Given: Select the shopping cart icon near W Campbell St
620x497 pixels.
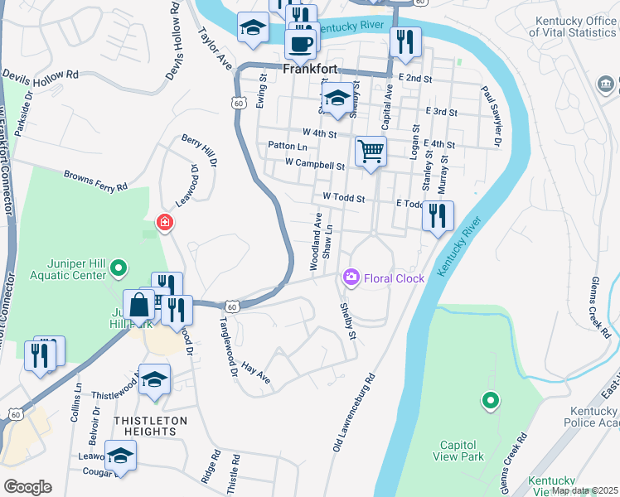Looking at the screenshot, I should [x=371, y=152].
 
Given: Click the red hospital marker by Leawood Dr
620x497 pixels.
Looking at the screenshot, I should [x=165, y=223].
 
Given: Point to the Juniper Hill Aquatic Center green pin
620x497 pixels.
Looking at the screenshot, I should [x=118, y=268].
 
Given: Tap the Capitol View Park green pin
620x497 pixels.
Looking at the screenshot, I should [x=490, y=402].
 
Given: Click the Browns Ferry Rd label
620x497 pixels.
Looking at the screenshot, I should [x=97, y=181].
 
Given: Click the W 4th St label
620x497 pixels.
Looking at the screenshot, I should [x=320, y=132].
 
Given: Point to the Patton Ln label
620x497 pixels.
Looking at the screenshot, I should [x=288, y=146].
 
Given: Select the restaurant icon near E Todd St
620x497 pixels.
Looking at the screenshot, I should [x=438, y=216].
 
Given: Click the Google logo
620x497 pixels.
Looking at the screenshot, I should [x=27, y=486].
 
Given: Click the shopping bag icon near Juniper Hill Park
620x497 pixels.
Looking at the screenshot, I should [x=138, y=306].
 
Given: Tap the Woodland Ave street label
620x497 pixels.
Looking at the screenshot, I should [x=316, y=241].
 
